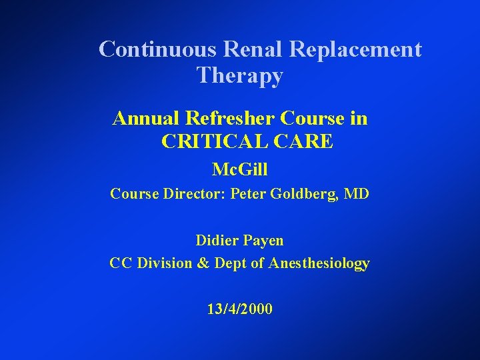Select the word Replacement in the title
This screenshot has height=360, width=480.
357,49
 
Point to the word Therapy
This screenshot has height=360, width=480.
240,77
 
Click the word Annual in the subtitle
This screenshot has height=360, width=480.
147,118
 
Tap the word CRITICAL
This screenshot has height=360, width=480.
211,141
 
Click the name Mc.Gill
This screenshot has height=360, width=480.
239,170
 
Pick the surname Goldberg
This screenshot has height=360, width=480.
303,195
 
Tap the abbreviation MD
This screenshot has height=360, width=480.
357,195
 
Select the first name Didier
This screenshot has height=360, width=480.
217,240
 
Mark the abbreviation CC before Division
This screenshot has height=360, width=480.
121,263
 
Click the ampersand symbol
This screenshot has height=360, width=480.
203,263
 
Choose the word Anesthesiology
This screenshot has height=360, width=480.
319,264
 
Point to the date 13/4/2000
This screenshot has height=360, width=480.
239,309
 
